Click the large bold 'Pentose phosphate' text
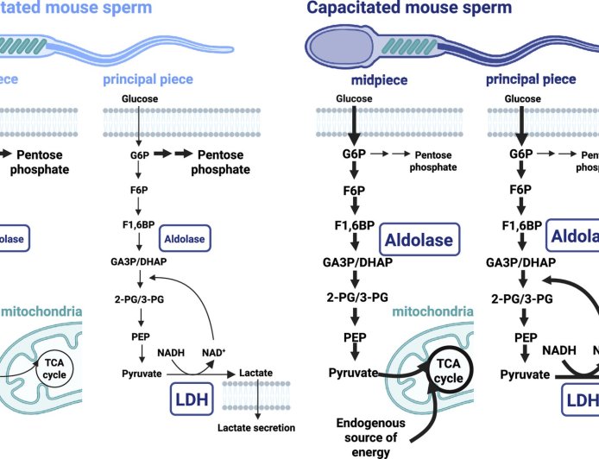[x=222, y=162]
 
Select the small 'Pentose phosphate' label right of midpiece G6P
[x=434, y=160]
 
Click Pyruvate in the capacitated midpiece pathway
[x=355, y=373]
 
